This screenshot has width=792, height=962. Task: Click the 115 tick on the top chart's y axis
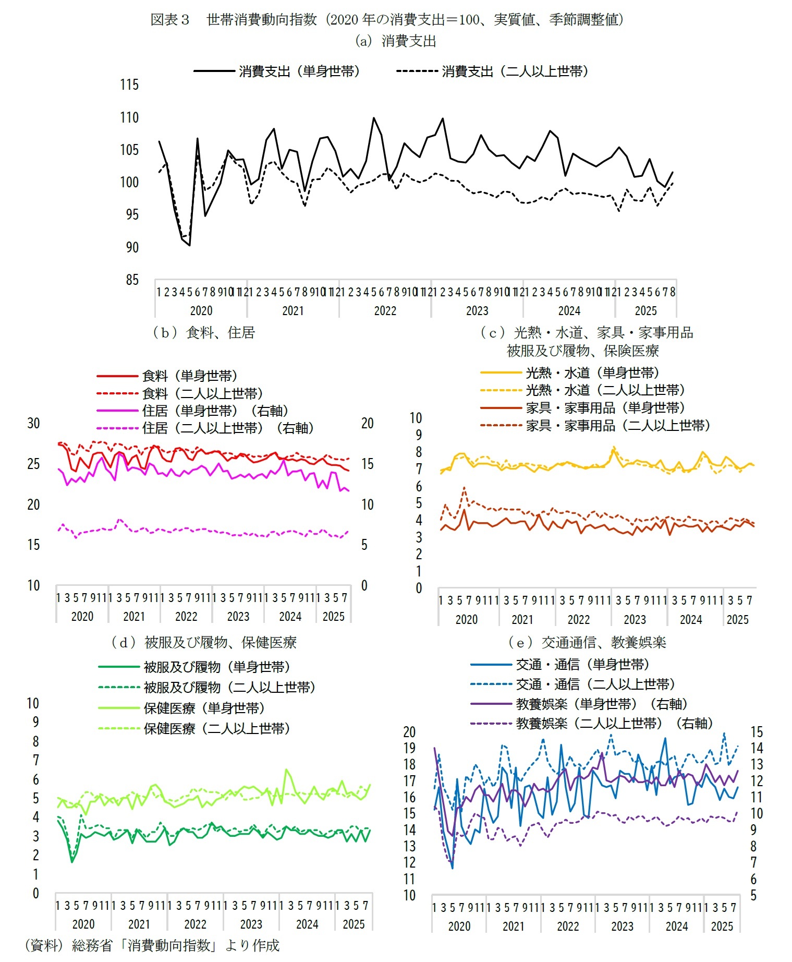point(129,85)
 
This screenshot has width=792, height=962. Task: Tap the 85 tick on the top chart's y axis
point(132,280)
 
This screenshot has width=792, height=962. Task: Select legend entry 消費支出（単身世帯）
point(299,71)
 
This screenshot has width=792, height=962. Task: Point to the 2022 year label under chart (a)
point(385,311)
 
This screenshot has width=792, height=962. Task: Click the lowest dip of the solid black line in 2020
point(190,245)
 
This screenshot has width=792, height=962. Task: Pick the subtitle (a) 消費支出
point(395,41)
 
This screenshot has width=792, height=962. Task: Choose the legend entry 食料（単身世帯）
point(190,376)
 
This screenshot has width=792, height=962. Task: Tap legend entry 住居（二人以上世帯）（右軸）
point(228,428)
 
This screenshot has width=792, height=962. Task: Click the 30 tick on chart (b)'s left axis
point(33,423)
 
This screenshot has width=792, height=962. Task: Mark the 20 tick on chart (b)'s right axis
point(368,423)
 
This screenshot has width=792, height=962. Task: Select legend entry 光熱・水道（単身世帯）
point(592,372)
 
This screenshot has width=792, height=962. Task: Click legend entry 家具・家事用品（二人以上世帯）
point(618,426)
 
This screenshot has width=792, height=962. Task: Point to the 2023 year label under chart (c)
point(635,620)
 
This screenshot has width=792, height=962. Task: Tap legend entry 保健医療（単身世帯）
point(204,708)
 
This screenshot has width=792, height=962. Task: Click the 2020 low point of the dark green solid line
point(72,861)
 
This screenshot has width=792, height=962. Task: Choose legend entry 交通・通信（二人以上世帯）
point(595,684)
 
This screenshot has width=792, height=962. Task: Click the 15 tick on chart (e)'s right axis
point(757,732)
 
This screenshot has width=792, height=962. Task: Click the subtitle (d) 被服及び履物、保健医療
point(204,642)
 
